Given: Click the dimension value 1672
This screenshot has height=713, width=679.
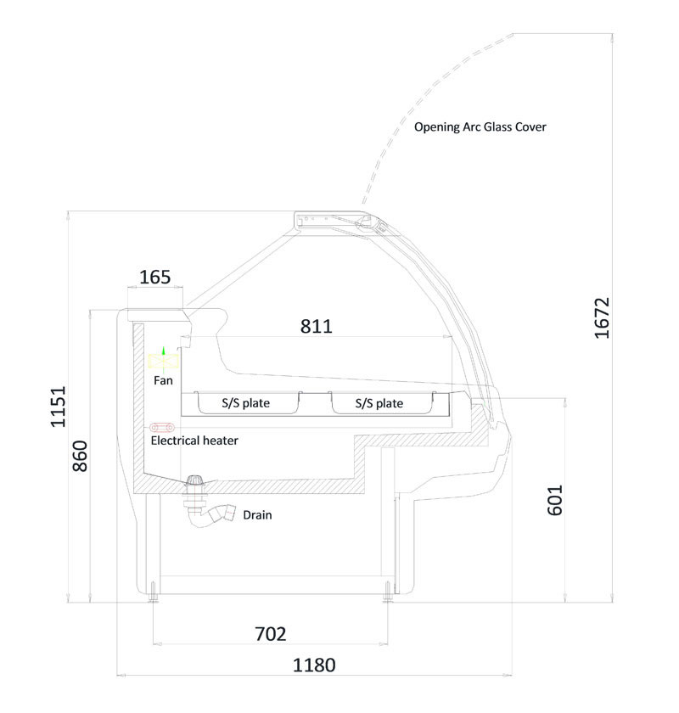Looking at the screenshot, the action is point(601,317).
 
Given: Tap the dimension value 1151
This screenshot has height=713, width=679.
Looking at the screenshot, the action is point(59,407).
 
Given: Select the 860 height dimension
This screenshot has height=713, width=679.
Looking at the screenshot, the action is point(80,456).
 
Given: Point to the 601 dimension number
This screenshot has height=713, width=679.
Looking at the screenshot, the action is point(554,500).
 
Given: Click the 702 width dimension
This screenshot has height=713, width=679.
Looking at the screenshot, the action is point(271,633).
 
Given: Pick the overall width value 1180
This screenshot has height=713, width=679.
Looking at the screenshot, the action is point(314,665).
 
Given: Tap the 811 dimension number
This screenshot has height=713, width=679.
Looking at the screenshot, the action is point(317,326).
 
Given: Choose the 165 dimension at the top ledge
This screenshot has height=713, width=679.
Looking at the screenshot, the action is point(155,277).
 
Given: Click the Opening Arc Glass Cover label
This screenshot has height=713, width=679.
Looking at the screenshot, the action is point(480,126).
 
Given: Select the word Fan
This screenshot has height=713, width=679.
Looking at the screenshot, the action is point(163,380).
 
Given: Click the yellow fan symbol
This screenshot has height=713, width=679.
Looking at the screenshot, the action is point(163,362).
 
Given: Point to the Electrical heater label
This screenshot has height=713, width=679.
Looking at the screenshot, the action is point(194,441).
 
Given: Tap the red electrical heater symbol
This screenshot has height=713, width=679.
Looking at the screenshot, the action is point(162,428).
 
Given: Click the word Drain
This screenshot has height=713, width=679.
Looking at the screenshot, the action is point(257,514).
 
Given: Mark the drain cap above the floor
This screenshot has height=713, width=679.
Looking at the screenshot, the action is point(195,480).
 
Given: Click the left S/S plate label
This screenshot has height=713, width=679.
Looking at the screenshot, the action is point(245,403).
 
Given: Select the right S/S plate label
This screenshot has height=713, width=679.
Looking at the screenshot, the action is point(379,403).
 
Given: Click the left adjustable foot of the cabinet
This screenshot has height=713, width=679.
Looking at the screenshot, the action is point(154,592).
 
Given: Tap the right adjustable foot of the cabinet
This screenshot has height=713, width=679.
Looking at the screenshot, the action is point(388,592).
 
